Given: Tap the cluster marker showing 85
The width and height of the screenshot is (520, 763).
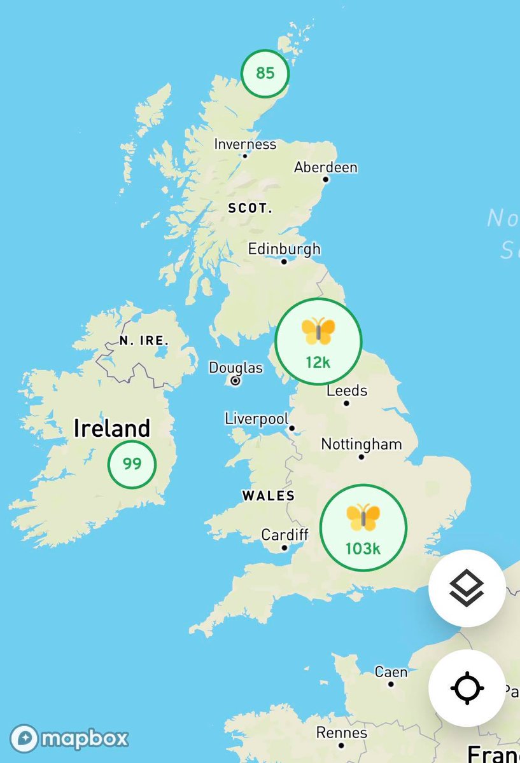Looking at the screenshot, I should tap(265, 73).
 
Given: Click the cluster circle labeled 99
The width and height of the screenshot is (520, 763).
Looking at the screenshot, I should tap(132, 464).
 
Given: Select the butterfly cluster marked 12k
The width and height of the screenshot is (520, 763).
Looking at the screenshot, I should tap(318, 341).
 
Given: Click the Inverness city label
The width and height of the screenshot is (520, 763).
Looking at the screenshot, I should tap(245, 144).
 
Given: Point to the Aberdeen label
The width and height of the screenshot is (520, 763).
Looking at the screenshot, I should tap(325, 168).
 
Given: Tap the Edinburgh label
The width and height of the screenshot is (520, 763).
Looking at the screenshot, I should tap(284, 249).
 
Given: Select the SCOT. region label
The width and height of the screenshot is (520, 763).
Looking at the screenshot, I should tap(250, 208).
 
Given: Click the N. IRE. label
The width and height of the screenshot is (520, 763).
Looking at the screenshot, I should tap(144, 341).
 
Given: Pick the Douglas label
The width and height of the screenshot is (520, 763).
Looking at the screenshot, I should tap(235, 368).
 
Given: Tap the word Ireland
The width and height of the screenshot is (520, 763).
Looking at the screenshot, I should tap(111, 428).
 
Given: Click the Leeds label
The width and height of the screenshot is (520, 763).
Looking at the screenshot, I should tap(347, 390).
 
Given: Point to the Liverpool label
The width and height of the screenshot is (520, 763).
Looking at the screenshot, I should tap(256, 419).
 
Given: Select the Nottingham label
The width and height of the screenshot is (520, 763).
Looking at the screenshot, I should tap(362, 444).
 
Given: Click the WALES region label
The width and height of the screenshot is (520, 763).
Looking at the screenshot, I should tap(268, 495).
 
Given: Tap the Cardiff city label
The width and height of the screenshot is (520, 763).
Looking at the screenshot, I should tap(285, 535).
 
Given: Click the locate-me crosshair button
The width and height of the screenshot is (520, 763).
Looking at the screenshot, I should tap(467, 688).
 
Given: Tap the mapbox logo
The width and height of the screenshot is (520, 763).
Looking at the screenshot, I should tap(69, 739).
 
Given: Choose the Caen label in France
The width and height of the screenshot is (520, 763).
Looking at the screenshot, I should tap(391, 672).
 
